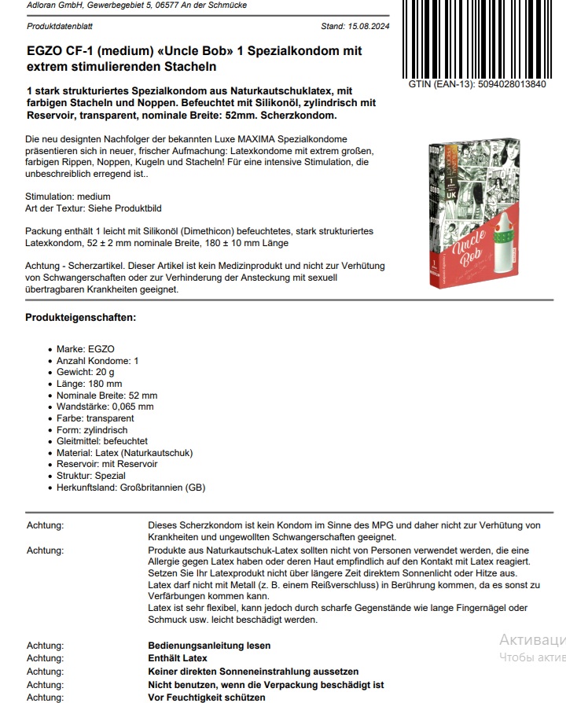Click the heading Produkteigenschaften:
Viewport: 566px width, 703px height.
80,318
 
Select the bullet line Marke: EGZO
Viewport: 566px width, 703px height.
85,348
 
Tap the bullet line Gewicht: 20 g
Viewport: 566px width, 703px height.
85,372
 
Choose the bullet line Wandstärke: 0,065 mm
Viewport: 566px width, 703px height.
105,407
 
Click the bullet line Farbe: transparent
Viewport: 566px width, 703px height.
95,418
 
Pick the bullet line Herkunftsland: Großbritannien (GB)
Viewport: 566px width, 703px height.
130,488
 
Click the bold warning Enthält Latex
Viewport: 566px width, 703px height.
178,658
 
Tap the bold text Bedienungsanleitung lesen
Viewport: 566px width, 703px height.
209,646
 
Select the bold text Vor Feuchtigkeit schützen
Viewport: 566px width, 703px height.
207,697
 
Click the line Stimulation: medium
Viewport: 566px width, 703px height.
68,197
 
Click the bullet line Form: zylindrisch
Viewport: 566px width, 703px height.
93,430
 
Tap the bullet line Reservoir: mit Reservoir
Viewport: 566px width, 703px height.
106,464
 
